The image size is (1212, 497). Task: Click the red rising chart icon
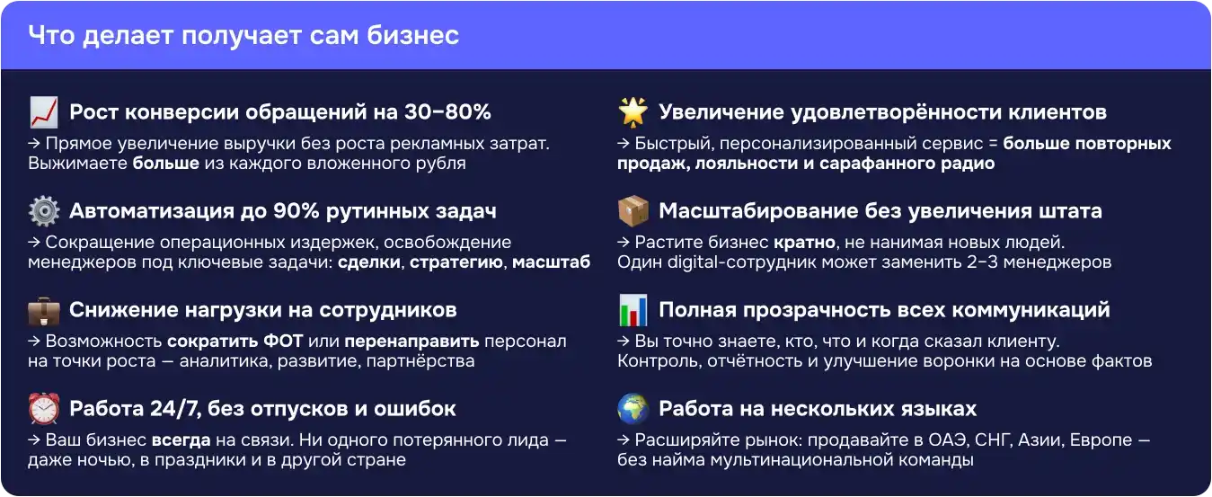coord(44,112)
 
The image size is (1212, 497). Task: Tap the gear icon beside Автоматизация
coord(44,211)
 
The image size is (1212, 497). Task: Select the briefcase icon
coord(44,311)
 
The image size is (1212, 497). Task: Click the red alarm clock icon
coord(44,409)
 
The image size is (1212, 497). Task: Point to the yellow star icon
coord(633,112)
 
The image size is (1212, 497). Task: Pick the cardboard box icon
coord(633,211)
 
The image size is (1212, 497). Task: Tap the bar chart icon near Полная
coord(633,310)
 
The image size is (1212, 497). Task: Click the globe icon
coord(633,409)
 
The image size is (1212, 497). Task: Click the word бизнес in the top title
coord(413,36)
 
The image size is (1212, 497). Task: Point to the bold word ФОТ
coord(283,342)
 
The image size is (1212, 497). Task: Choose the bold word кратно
coord(805,243)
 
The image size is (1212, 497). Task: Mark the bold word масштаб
coord(552,262)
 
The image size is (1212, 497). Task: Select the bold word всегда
coord(181,440)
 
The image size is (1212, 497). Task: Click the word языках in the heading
coord(939,409)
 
